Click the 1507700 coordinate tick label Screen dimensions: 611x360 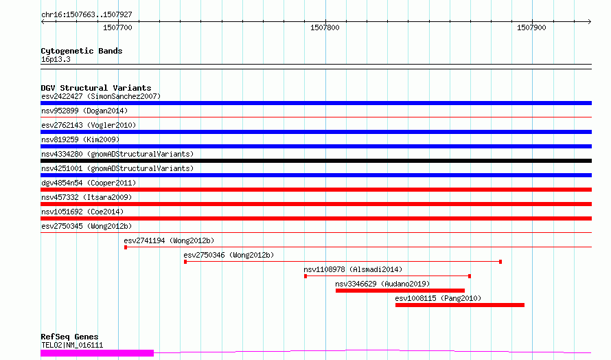point(117,27)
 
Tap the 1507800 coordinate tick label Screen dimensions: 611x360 point(325,27)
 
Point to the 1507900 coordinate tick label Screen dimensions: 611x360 point(531,27)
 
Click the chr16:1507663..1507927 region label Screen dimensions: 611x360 point(87,14)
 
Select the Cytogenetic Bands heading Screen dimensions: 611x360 point(82,51)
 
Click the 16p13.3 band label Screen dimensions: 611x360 point(56,59)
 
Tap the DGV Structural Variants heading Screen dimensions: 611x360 point(96,88)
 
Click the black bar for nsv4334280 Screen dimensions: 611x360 point(316,161)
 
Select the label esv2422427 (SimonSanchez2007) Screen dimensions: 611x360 point(101,96)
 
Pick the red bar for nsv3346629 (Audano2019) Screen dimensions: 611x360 point(400,291)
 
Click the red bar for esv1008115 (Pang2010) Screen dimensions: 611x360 point(460,305)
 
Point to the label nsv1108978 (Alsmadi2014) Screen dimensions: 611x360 point(353,269)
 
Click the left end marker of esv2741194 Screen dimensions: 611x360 point(126,247)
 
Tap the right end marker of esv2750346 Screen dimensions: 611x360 point(500,262)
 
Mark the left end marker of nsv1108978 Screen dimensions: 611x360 point(305,276)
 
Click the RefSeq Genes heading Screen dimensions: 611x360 point(69,337)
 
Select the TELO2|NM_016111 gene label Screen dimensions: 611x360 point(72,345)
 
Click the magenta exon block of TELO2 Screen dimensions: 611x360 point(97,353)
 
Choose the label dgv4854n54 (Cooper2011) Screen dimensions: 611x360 point(89,183)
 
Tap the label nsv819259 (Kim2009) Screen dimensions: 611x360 point(80,139)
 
